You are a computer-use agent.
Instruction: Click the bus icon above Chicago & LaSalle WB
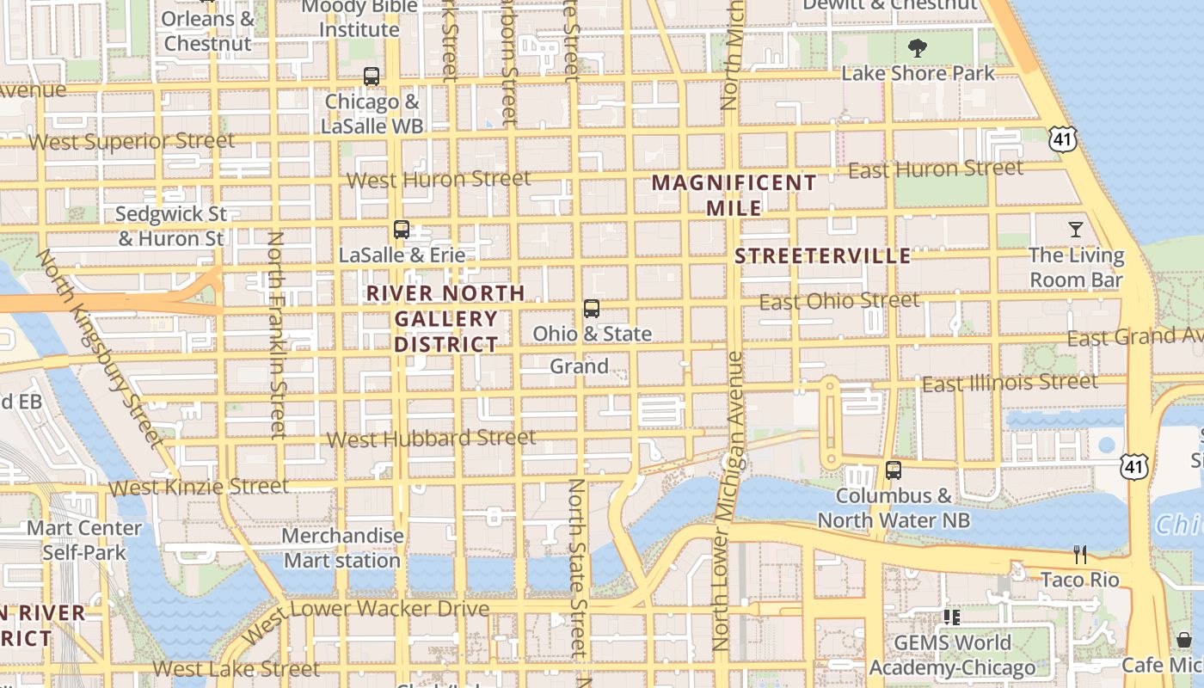[372, 77]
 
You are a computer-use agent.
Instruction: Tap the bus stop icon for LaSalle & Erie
[402, 230]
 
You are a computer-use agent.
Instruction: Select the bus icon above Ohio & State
[592, 309]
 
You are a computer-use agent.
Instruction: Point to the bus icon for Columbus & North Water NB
[894, 470]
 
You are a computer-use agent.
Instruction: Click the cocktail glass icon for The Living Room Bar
[1076, 230]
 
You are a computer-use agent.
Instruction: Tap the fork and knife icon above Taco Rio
[1080, 555]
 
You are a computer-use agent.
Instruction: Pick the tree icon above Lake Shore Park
[918, 47]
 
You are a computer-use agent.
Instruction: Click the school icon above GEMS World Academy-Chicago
[951, 617]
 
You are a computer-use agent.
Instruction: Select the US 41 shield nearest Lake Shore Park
[1063, 138]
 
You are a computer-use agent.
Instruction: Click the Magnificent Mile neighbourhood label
[734, 195]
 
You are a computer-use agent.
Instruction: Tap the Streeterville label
[823, 256]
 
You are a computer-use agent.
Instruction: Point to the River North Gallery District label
[445, 319]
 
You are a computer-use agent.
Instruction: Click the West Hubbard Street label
[431, 439]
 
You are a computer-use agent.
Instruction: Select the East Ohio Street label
[839, 301]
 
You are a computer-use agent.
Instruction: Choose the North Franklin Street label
[276, 335]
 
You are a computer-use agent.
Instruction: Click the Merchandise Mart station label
[342, 548]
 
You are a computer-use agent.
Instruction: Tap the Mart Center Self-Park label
[84, 540]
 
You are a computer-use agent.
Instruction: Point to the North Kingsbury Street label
[100, 348]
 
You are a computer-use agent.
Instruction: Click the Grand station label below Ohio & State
[579, 366]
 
